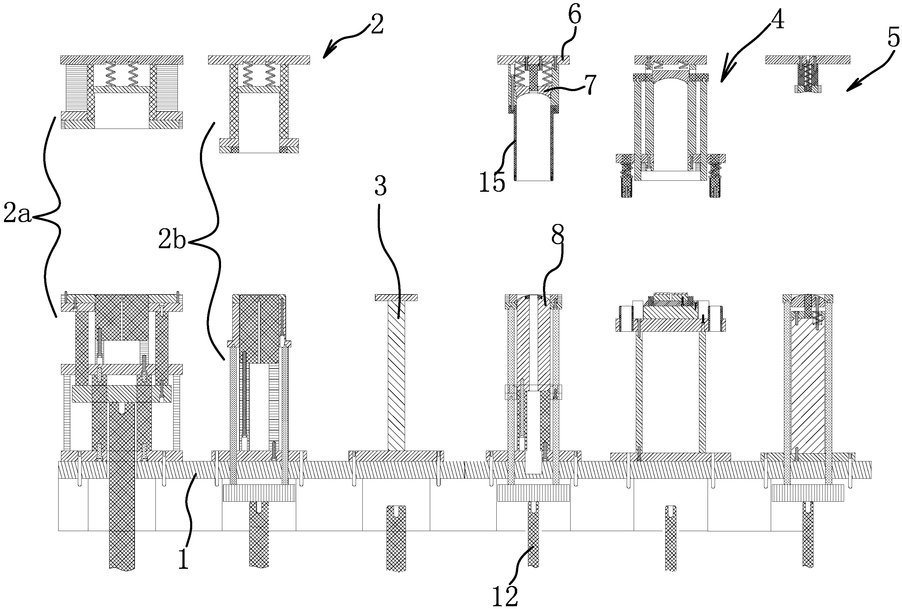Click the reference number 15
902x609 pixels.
click(x=492, y=183)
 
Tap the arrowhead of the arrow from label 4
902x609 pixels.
click(x=722, y=80)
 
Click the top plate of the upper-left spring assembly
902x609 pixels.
click(x=121, y=60)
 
